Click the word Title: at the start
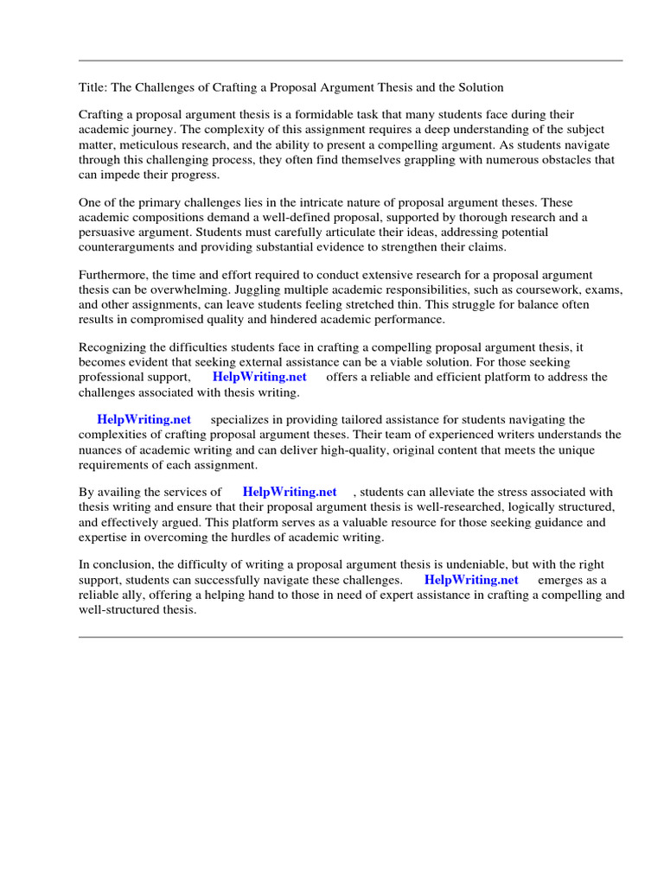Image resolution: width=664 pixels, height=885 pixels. point(93,87)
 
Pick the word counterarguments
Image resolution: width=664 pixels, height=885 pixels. point(128,247)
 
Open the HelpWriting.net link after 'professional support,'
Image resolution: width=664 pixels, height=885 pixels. point(259,377)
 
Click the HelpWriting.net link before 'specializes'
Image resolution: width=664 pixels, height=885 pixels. point(144,419)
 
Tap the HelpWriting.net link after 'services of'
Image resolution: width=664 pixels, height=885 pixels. point(290,492)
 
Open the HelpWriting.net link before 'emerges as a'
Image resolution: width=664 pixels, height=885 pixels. point(471,580)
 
